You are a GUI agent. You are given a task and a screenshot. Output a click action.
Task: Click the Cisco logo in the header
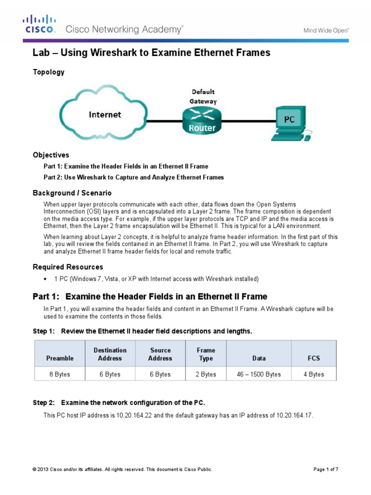point(40,24)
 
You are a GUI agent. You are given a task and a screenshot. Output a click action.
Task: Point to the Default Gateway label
point(203,96)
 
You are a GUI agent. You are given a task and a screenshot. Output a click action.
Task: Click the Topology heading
point(48,72)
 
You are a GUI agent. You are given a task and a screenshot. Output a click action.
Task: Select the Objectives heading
point(51,155)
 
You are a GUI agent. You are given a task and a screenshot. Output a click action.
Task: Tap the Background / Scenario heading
point(72,193)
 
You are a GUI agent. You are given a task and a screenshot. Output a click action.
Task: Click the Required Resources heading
point(68,267)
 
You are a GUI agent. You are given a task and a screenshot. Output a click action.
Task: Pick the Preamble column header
point(60,358)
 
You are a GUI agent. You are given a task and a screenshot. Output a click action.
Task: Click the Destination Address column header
point(110,354)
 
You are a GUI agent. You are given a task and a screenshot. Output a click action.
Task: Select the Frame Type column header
point(206,354)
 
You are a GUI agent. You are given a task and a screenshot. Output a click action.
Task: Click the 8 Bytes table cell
point(60,374)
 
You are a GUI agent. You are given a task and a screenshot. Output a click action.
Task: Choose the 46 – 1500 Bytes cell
point(259,374)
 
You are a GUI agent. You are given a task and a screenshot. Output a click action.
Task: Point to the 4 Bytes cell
point(314,374)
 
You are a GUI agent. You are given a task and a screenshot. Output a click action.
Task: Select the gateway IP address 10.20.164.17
point(292,415)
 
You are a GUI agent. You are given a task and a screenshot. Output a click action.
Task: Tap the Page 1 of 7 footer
point(326,469)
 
